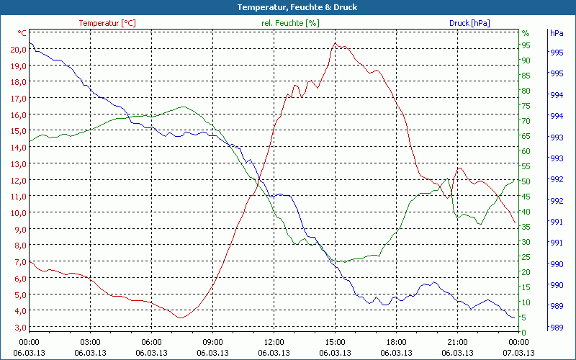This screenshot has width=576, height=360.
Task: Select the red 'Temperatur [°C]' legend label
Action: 107,23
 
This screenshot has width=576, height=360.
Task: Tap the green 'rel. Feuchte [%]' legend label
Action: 289,23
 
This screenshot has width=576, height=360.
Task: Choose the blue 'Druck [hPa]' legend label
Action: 469,23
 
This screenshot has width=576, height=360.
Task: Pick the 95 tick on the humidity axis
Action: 526,45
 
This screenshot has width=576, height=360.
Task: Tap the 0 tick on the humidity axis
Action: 523,333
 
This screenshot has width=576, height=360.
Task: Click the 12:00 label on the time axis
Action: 274,342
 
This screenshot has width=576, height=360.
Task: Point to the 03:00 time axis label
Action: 90,342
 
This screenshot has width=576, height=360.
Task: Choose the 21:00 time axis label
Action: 457,342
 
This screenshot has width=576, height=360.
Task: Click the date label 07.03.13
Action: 518,353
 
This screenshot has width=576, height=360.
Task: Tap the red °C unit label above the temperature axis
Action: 22,33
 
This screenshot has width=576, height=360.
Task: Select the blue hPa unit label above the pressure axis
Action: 557,33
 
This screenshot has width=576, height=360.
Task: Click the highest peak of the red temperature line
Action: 336,43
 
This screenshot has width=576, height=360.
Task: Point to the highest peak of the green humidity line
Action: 183,107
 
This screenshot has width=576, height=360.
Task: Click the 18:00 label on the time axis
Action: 396,342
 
